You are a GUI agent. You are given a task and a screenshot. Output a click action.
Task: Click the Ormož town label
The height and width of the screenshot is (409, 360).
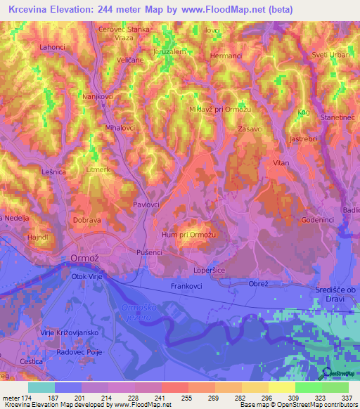[86, 259]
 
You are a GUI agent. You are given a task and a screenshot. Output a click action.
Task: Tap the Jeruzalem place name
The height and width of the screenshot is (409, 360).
[169, 52]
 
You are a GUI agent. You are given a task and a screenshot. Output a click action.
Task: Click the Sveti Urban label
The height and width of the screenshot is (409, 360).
[331, 55]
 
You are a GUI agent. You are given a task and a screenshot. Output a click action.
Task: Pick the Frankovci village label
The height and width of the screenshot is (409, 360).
[186, 287]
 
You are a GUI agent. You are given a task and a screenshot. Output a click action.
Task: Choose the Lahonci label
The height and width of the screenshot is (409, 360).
[53, 47]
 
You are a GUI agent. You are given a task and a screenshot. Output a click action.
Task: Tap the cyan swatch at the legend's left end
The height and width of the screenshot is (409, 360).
[41, 387]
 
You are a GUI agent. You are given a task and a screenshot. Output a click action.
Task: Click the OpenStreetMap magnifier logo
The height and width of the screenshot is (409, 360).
[326, 375]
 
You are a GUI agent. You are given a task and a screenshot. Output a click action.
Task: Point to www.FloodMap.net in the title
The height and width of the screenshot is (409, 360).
[224, 10]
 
